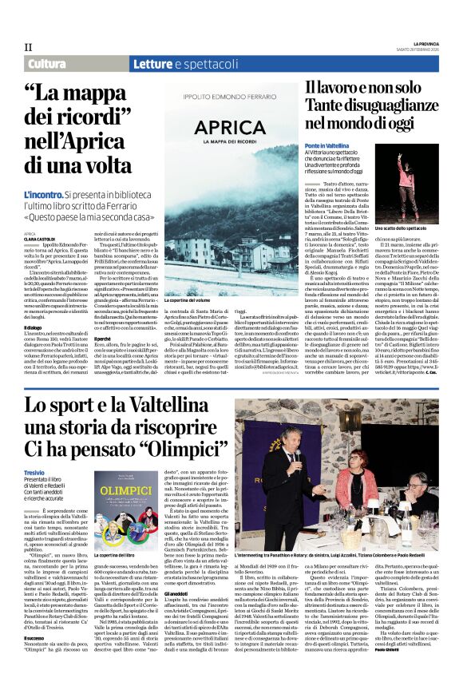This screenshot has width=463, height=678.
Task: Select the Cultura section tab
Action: [x=47, y=64]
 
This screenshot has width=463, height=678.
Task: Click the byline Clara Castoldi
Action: [x=40, y=238]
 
